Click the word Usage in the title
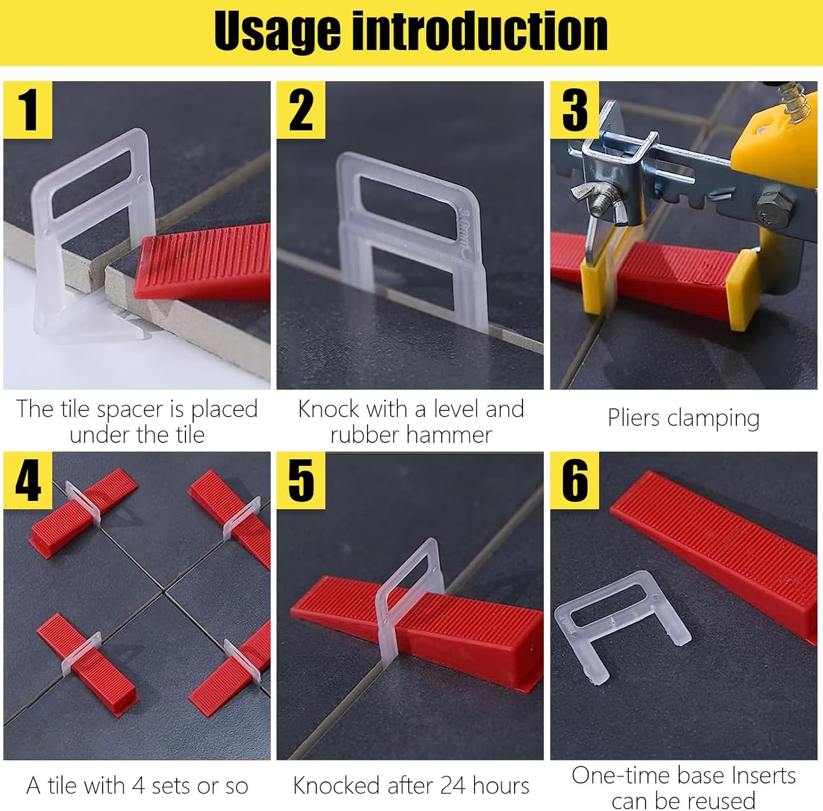(277, 31)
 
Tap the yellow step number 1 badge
(27, 110)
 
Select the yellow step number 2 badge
(301, 110)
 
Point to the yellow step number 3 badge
(574, 110)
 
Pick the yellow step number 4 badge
(27, 480)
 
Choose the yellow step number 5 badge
(301, 480)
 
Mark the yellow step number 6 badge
(574, 480)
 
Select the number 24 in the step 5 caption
(453, 786)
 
